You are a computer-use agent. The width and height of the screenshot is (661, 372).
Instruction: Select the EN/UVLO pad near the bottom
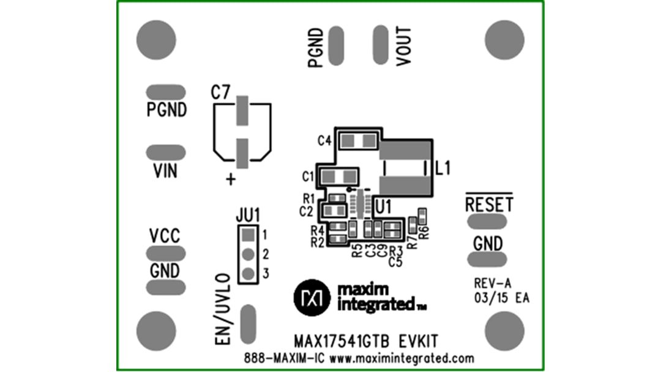coord(247,324)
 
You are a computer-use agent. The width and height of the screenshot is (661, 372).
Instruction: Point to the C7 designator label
coord(220,93)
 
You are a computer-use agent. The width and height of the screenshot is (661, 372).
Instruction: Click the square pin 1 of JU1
coord(247,234)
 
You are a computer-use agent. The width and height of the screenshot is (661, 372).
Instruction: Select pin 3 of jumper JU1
coord(247,274)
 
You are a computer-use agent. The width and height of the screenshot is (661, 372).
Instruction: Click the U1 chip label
coord(383,207)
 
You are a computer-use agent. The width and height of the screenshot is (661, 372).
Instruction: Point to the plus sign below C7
coord(231,180)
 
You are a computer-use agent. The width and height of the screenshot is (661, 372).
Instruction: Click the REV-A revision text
coord(492,283)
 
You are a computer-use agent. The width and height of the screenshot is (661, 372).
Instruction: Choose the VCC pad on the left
coord(165,253)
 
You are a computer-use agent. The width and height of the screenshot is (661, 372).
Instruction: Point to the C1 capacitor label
coord(309,177)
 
